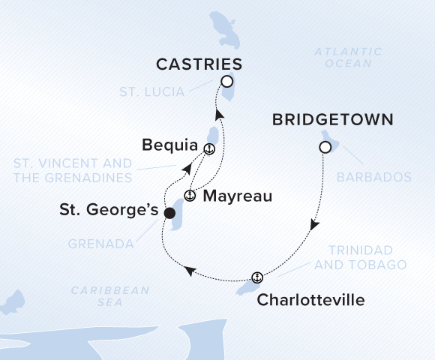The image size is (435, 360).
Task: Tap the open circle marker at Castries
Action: click(226, 82)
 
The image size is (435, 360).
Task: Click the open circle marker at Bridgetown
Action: click(325, 148)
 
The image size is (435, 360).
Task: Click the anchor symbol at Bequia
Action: click(209, 148)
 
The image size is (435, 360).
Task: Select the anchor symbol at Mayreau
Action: click(190, 197)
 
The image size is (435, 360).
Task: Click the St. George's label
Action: click(109, 211)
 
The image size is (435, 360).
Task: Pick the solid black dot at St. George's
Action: click(169, 213)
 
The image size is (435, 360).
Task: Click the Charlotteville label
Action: click(310, 300)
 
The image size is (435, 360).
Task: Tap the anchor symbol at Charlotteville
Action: click(257, 277)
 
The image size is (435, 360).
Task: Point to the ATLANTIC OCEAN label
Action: click(343, 58)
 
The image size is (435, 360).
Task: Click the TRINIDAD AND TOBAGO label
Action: click(361, 257)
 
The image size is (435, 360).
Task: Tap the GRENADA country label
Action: click(101, 244)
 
